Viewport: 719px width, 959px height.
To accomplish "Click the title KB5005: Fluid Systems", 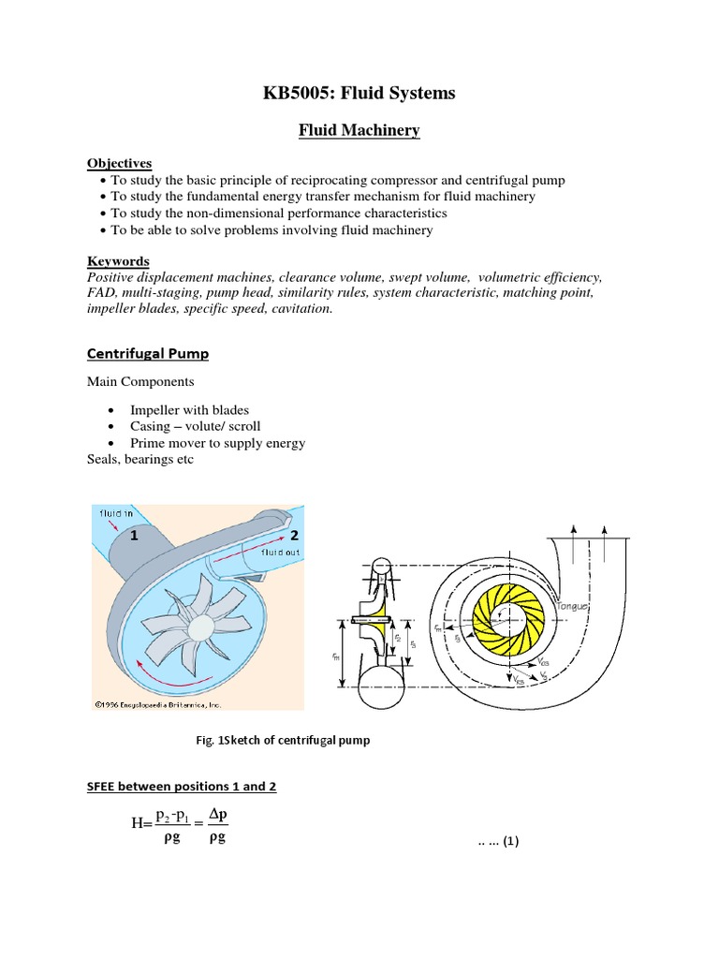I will pyautogui.click(x=361, y=93).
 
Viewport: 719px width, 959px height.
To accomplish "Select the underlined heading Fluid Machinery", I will pyautogui.click(x=359, y=133).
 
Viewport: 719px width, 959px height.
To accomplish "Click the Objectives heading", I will pyautogui.click(x=119, y=164).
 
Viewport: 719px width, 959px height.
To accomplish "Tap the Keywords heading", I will pyautogui.click(x=118, y=261).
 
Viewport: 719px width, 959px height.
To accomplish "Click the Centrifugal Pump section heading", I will pyautogui.click(x=148, y=354).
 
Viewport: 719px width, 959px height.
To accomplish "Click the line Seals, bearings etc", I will pyautogui.click(x=140, y=460).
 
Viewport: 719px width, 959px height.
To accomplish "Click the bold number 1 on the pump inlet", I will pyautogui.click(x=134, y=537).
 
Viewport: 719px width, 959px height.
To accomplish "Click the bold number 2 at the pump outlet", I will pyautogui.click(x=294, y=535).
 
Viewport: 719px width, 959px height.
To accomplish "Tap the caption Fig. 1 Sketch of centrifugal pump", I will pyautogui.click(x=281, y=741).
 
